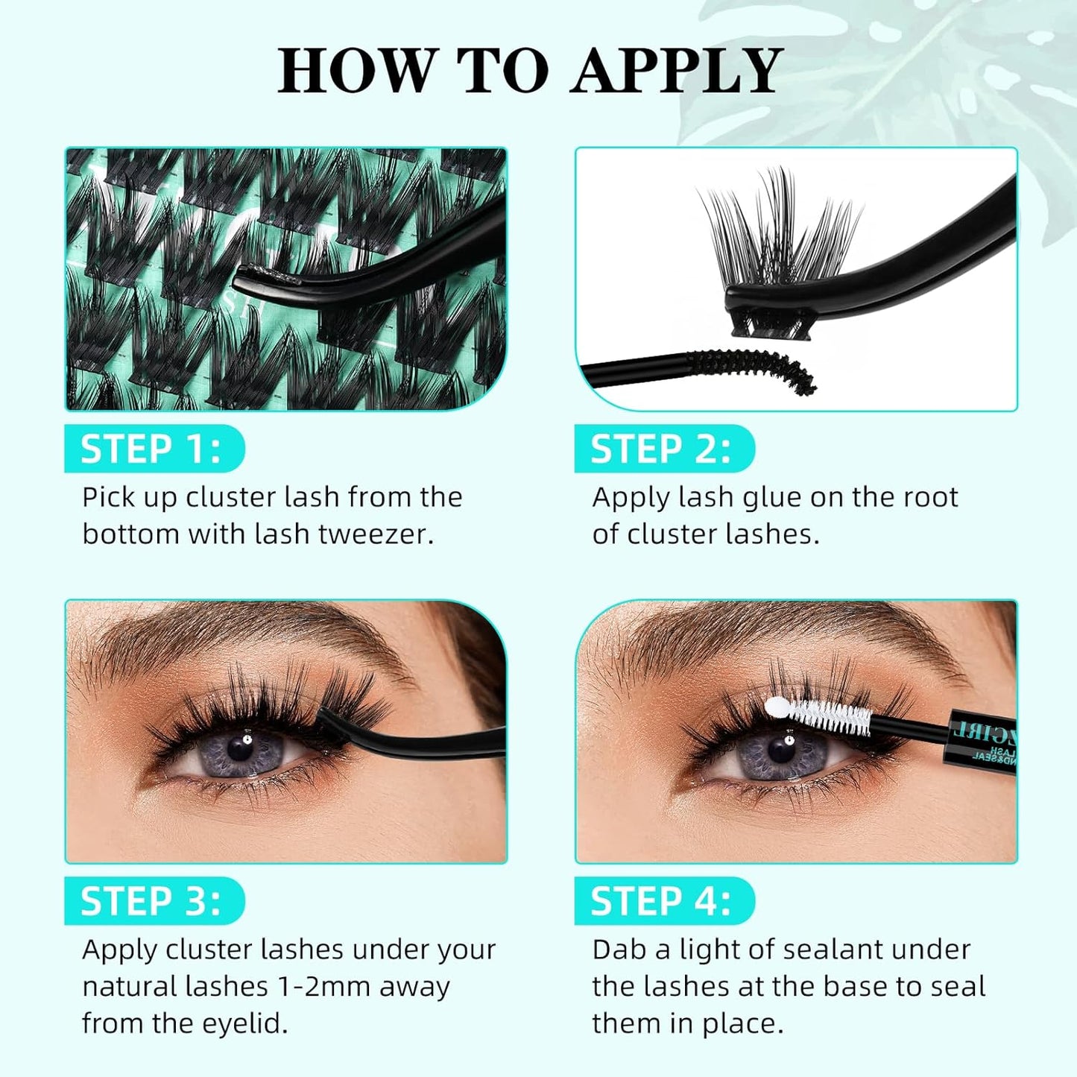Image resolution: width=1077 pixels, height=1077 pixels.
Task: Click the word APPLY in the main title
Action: [676, 71]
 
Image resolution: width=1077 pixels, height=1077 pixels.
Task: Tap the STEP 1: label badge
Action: [153, 449]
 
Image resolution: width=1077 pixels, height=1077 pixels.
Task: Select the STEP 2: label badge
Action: [663, 449]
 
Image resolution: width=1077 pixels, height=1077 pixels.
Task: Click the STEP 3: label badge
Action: [153, 901]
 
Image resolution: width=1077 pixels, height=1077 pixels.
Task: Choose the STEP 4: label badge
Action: [663, 901]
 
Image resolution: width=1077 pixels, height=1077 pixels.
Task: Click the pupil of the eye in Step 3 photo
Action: [241, 747]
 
